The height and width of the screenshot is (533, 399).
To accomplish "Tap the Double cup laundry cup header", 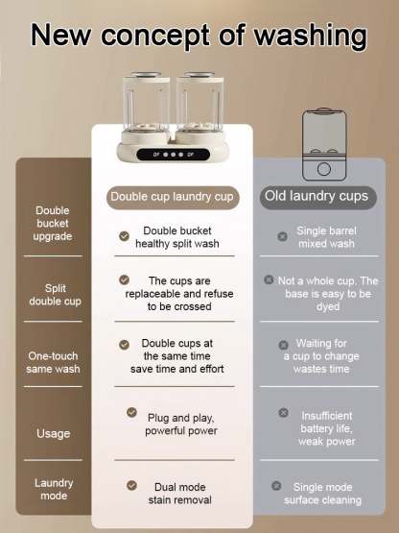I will (x=172, y=197).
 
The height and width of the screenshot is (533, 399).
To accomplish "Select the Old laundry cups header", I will (x=315, y=196).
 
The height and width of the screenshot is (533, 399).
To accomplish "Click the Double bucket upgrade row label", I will (x=52, y=223).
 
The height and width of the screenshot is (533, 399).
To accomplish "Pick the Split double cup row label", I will (x=55, y=294).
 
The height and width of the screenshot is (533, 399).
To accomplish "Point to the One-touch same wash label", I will (x=53, y=362).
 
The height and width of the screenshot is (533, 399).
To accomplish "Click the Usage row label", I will (x=53, y=433).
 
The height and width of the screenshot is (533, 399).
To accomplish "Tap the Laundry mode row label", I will (x=54, y=489).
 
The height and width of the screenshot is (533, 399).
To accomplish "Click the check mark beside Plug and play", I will (x=132, y=412).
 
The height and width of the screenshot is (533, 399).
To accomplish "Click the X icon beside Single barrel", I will (x=282, y=235).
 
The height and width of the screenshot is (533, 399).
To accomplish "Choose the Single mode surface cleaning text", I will (x=322, y=494).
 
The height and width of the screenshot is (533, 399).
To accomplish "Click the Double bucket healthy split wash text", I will (x=177, y=237).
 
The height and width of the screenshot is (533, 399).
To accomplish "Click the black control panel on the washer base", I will (x=172, y=153).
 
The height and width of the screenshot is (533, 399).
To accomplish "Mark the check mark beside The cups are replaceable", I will (x=125, y=279).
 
